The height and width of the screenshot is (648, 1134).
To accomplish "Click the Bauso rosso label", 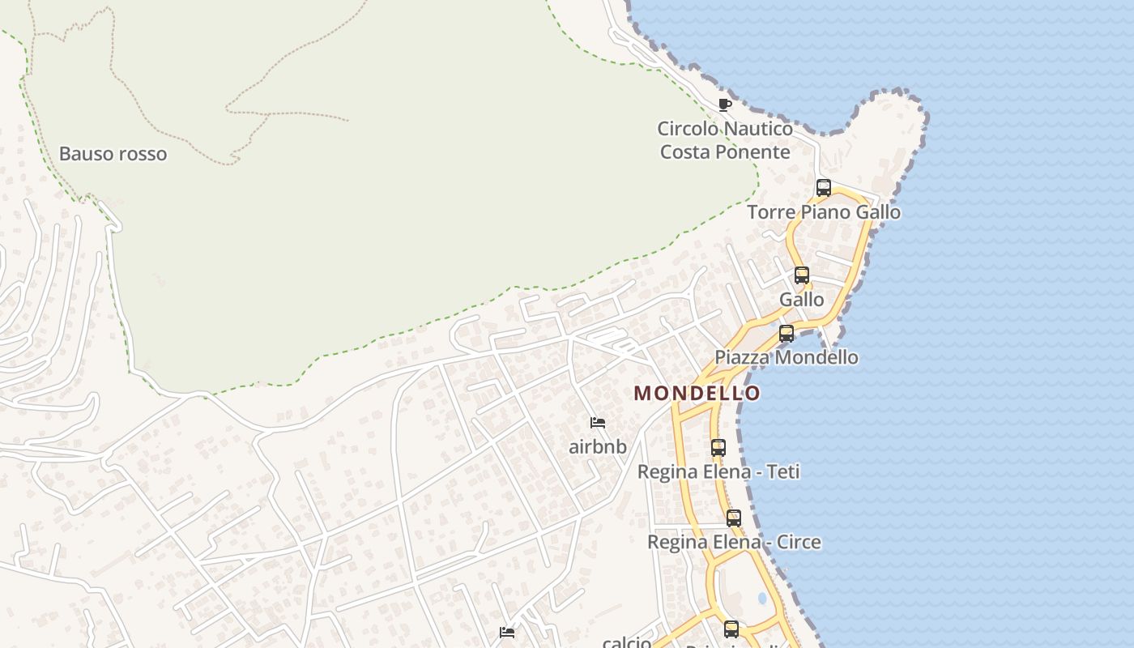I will tap(113, 154).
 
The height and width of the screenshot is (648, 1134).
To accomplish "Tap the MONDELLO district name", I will tap(697, 394).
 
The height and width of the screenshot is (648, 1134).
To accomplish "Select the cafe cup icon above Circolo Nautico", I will tap(725, 104).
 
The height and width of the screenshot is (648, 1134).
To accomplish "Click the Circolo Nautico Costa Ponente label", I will tap(725, 140).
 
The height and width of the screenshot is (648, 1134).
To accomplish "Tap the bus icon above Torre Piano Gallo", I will tap(824, 188).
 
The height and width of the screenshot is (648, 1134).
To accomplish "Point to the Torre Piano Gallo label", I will tap(824, 212).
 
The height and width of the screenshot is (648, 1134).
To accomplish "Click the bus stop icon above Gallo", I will tap(802, 275).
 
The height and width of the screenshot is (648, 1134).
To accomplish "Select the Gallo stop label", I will tap(802, 300).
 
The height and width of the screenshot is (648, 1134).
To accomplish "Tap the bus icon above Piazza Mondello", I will tap(787, 334).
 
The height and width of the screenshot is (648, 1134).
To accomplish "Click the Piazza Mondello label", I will tap(787, 357).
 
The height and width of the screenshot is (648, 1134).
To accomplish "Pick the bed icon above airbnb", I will tap(598, 423).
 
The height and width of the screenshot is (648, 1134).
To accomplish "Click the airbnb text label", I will tap(598, 446).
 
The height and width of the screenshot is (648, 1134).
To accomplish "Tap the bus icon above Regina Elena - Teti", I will tap(718, 447).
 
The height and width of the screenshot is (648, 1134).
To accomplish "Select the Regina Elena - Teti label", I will tap(718, 471).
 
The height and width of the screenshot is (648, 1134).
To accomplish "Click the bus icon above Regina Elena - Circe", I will tap(734, 518).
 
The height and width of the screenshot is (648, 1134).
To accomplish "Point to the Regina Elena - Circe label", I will tap(734, 542).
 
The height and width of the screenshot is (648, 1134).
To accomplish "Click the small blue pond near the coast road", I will tap(762, 599).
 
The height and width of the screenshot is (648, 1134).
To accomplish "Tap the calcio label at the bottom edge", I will tap(627, 642).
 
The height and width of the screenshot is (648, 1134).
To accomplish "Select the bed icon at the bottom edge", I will tap(507, 633).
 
